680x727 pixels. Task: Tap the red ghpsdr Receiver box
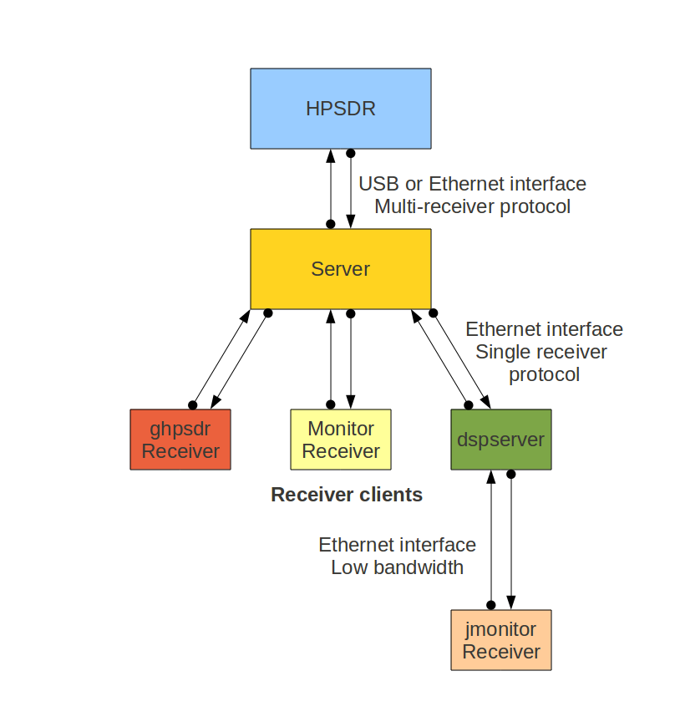coord(180,440)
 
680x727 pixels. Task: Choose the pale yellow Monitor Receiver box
coord(341,440)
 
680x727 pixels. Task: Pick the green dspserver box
coord(500,440)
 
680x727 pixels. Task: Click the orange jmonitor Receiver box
coord(500,640)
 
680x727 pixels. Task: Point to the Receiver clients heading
coord(347,495)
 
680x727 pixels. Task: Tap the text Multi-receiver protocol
coord(472,206)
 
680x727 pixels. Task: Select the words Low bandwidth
coord(397,567)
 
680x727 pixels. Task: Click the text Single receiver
coord(541,352)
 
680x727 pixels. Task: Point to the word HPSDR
coord(341,109)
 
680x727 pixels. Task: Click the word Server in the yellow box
coord(341,269)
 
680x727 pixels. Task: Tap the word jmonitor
coord(500,629)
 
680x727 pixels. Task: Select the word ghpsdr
coord(180,429)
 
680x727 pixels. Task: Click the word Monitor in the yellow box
coord(341,429)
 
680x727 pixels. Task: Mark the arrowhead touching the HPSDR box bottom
coord(331,156)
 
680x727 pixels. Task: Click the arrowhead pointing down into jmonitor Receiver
coord(510,602)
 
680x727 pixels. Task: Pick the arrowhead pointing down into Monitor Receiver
coord(351,402)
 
